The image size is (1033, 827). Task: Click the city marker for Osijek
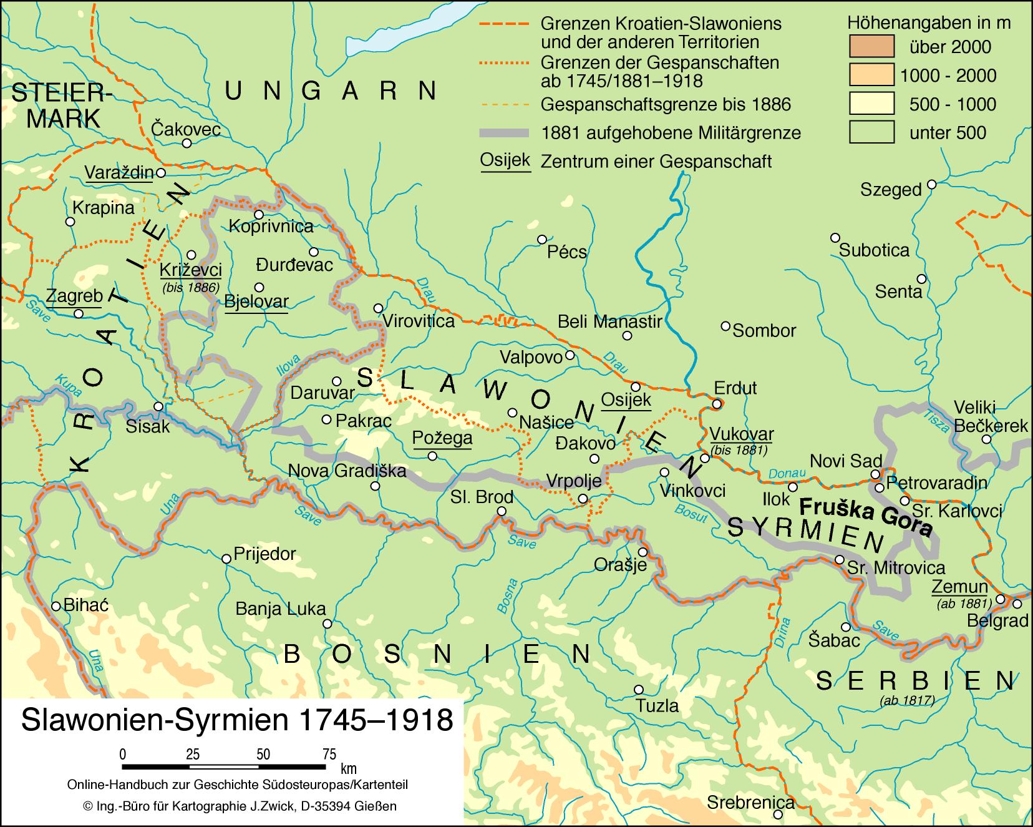(x=636, y=386)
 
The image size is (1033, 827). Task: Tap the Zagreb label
(x=74, y=295)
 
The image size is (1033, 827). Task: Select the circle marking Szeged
(x=931, y=184)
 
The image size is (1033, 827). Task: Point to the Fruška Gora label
(x=865, y=516)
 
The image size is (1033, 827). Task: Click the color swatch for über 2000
(x=871, y=47)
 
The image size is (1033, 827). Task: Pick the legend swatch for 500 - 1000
(x=871, y=104)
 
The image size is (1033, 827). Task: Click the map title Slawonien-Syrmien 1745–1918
(x=236, y=720)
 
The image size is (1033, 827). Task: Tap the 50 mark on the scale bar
(x=263, y=754)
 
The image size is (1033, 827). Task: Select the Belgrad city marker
(x=1017, y=604)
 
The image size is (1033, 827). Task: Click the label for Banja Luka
(x=280, y=609)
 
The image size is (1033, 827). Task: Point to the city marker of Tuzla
(x=638, y=690)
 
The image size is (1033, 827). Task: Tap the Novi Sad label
(x=845, y=461)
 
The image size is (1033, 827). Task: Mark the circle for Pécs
(x=542, y=239)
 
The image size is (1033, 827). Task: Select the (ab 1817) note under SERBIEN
(x=906, y=700)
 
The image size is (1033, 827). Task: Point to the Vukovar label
(x=742, y=434)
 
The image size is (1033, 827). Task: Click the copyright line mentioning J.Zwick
(x=239, y=806)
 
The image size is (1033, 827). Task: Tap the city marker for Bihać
(x=56, y=605)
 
